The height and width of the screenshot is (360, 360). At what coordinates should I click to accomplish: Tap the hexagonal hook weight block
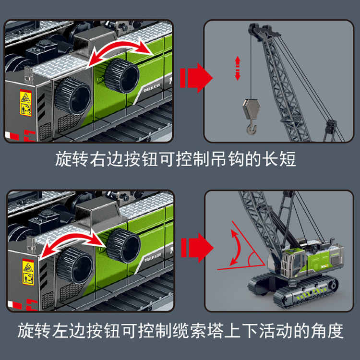(252, 109)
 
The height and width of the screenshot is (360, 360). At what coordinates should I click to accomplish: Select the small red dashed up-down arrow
(238, 68)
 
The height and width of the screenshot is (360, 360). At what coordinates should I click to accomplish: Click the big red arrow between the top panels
(196, 78)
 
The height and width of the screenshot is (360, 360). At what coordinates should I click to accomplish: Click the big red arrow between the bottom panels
(197, 248)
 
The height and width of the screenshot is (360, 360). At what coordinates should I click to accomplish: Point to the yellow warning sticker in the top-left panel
(26, 103)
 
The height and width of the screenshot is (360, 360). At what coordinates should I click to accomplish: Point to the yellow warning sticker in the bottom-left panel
(28, 272)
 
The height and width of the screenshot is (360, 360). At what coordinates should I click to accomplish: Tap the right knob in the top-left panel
(122, 75)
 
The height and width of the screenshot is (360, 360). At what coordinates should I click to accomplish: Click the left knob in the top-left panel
(73, 96)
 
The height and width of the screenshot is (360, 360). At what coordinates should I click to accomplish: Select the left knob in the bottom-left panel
(75, 265)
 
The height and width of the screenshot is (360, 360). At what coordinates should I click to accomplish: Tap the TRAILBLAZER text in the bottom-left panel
(153, 257)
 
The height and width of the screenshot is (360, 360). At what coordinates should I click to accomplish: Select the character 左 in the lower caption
(60, 330)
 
